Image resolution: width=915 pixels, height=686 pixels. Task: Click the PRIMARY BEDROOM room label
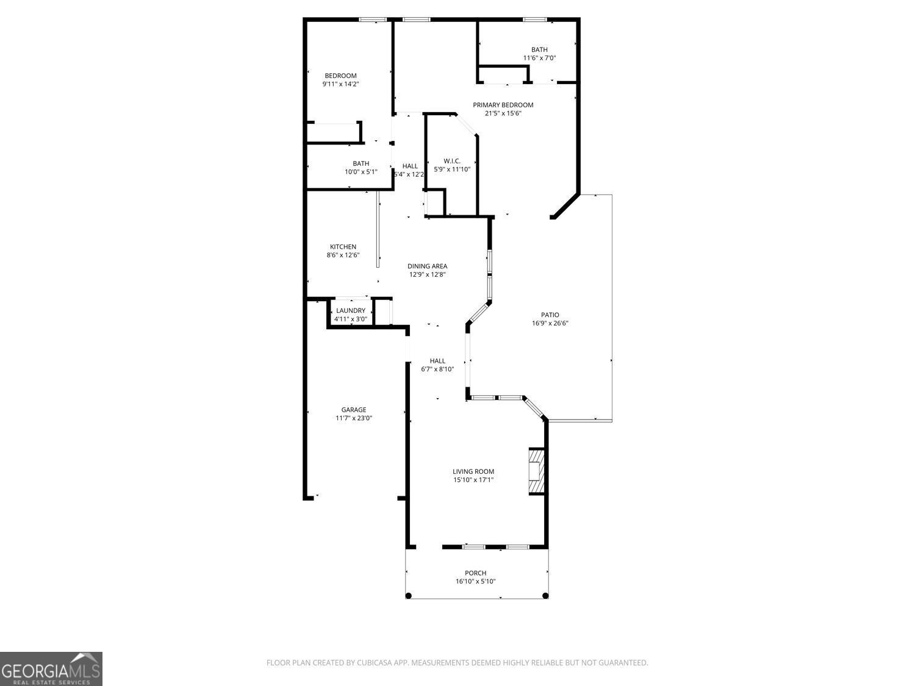[x=503, y=105]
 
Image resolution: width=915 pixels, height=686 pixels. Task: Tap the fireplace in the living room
[x=536, y=471]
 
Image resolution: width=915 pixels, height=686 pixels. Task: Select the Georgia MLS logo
[x=51, y=669]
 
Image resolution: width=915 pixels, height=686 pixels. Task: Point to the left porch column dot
[x=409, y=596]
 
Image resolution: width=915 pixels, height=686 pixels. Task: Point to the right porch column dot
[x=545, y=596]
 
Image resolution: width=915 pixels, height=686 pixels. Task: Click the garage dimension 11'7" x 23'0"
[x=353, y=418]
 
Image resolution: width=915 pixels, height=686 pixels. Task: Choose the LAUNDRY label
[x=351, y=310]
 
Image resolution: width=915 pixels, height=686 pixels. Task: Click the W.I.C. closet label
[x=451, y=161]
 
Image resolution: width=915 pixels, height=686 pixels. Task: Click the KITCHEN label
[x=343, y=247]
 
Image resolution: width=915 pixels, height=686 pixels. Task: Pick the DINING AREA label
[x=427, y=266]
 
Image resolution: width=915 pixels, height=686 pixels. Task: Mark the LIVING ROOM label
[x=473, y=471]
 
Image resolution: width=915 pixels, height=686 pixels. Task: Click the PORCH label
[x=475, y=573]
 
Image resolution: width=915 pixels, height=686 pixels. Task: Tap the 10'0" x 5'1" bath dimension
[x=361, y=172]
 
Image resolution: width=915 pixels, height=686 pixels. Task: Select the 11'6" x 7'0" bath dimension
[x=539, y=59]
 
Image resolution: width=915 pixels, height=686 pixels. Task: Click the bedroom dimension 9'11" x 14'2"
[x=340, y=84]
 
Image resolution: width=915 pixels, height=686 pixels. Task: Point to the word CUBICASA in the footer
[x=373, y=663]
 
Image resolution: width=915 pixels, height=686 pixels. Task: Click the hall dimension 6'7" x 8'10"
[x=437, y=369]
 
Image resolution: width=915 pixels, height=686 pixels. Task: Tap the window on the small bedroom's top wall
[x=371, y=20]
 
